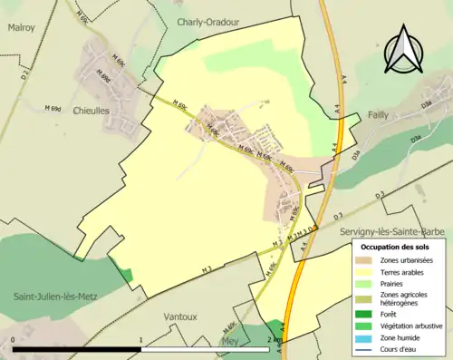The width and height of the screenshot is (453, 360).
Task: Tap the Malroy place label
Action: pos(22,28)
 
